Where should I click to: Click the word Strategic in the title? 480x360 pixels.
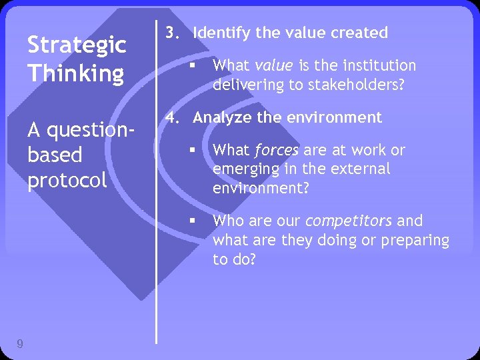(x=76, y=46)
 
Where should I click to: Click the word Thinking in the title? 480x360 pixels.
(x=75, y=73)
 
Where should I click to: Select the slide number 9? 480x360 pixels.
(x=21, y=344)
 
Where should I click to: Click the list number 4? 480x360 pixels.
(x=172, y=118)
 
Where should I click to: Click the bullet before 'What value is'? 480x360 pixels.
(x=191, y=65)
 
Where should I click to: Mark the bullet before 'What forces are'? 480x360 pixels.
(x=191, y=151)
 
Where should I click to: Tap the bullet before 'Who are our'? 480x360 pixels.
(x=191, y=221)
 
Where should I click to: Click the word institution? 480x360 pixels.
(x=378, y=65)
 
